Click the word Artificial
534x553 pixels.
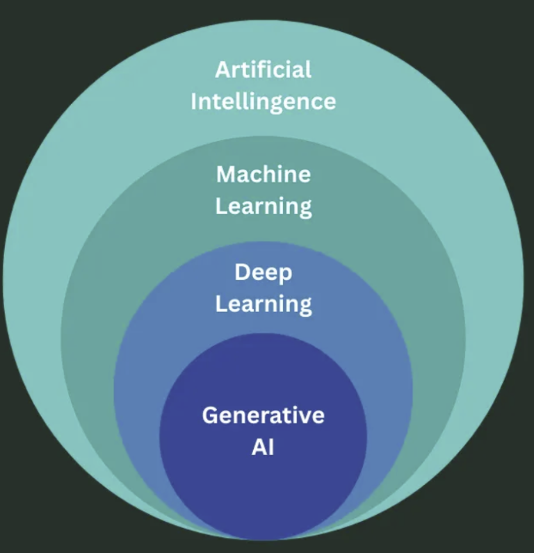(x=264, y=69)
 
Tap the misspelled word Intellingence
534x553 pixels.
(x=264, y=101)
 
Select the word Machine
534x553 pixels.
(x=264, y=174)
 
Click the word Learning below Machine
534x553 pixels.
(x=264, y=206)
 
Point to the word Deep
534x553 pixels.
(x=264, y=272)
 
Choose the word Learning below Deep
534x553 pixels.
(x=264, y=304)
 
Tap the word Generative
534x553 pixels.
(x=264, y=415)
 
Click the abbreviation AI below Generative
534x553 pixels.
(x=263, y=447)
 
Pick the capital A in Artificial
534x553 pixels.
(x=222, y=69)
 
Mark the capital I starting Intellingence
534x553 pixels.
(x=194, y=101)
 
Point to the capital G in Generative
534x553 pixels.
(x=210, y=415)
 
